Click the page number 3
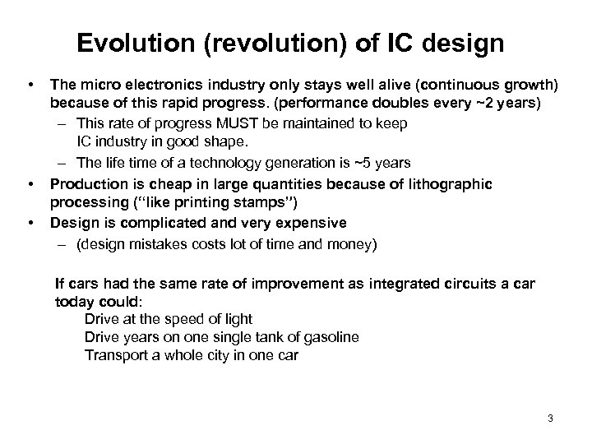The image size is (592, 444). tap(549, 419)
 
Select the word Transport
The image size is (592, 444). tap(115, 355)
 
